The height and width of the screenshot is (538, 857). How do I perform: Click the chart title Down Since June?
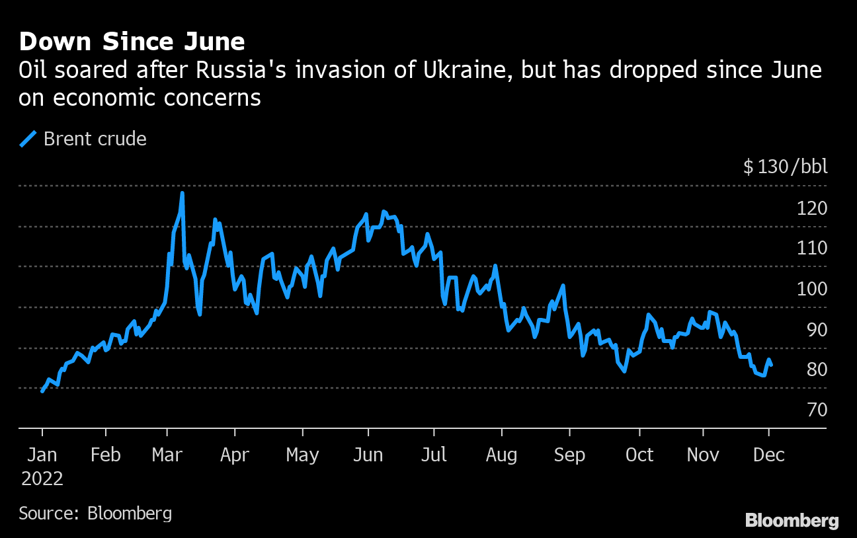coord(132,42)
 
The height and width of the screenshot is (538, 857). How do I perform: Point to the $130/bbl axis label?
coord(785,167)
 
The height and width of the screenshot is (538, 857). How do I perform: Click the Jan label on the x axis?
coord(42,455)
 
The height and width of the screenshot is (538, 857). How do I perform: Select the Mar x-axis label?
coord(167,455)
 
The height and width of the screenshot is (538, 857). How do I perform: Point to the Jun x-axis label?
coord(368,455)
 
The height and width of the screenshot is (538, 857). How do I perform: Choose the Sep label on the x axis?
coord(569,455)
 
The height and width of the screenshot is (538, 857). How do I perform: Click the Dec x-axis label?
coord(768,455)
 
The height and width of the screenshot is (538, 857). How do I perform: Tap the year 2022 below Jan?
coord(42,479)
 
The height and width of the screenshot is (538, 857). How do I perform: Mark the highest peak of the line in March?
coord(182,193)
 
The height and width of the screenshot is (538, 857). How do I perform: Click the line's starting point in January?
coord(42,391)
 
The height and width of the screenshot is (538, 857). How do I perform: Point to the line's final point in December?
coord(771,365)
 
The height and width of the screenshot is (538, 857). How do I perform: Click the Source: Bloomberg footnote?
coord(95,513)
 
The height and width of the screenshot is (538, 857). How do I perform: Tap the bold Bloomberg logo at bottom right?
coord(792,520)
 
